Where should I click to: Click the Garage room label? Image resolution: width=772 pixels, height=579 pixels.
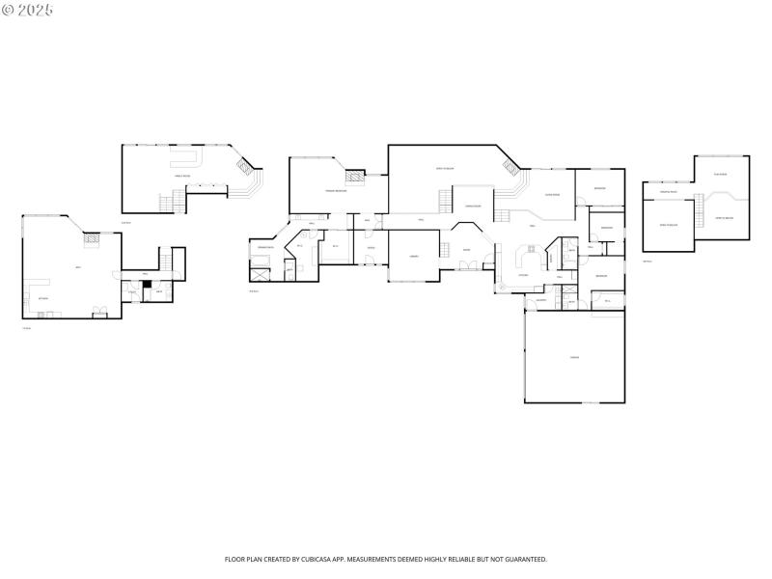tap(573, 358)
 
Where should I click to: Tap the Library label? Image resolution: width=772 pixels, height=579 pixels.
tap(413, 257)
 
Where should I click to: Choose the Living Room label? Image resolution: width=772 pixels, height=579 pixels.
tap(553, 195)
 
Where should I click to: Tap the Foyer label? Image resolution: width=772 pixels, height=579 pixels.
tap(466, 250)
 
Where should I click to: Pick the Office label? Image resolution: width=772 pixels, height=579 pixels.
tap(371, 248)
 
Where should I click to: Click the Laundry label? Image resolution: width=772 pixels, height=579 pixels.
tap(540, 300)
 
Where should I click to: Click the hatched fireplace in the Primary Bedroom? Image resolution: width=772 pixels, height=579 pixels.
tap(356, 177)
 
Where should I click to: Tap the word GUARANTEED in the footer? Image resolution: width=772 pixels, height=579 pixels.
tap(523, 559)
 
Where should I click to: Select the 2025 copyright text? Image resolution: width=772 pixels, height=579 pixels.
tap(28, 10)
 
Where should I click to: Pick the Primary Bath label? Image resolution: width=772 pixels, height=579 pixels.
tap(264, 248)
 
